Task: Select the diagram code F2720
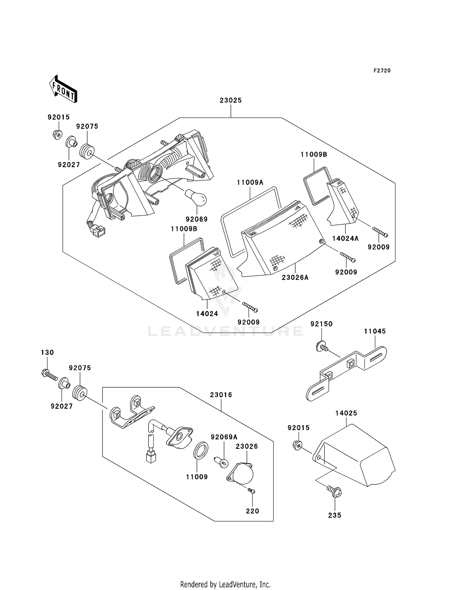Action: coord(382,71)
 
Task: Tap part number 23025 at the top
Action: coord(231,100)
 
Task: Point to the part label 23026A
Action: coord(295,278)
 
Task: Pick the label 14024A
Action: coord(345,238)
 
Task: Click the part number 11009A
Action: coord(250,182)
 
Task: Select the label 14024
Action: coord(207,314)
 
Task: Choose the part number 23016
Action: coord(221,395)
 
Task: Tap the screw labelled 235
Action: coord(335,492)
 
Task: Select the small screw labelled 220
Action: coord(252,491)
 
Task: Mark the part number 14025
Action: coord(346,413)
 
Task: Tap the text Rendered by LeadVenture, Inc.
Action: coord(226,585)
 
